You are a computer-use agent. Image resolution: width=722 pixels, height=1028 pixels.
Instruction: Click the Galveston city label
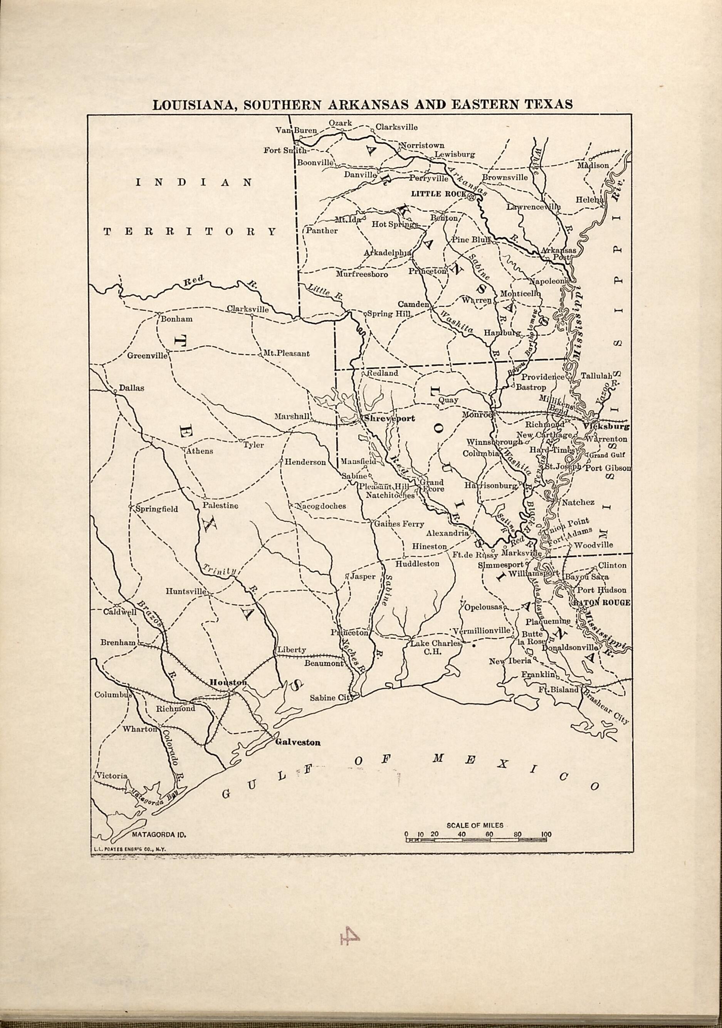(298, 742)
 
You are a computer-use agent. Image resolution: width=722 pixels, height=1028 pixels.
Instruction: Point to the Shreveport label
(390, 419)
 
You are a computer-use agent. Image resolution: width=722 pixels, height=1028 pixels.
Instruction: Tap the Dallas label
(132, 388)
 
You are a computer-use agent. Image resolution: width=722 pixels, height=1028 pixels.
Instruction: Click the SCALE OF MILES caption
(475, 825)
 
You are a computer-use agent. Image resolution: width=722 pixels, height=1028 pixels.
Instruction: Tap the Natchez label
(578, 502)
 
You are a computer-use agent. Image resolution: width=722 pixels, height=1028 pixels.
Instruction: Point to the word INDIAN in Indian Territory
(193, 182)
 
